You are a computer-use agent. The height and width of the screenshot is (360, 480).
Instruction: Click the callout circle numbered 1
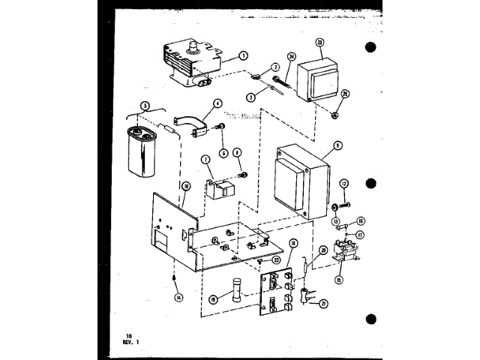point(243,55)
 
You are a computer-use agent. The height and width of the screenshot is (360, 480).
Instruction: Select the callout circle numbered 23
point(320,43)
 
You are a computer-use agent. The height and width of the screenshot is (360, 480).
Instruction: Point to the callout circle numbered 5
point(145,106)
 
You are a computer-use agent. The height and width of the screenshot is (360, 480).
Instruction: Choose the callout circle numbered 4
point(217,104)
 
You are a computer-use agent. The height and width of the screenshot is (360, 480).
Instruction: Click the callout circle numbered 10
point(187,185)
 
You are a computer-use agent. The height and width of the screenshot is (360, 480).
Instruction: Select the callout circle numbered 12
point(344,183)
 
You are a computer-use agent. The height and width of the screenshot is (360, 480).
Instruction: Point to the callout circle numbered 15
point(338,280)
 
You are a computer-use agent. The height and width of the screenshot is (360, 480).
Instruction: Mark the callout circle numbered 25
point(345,94)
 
